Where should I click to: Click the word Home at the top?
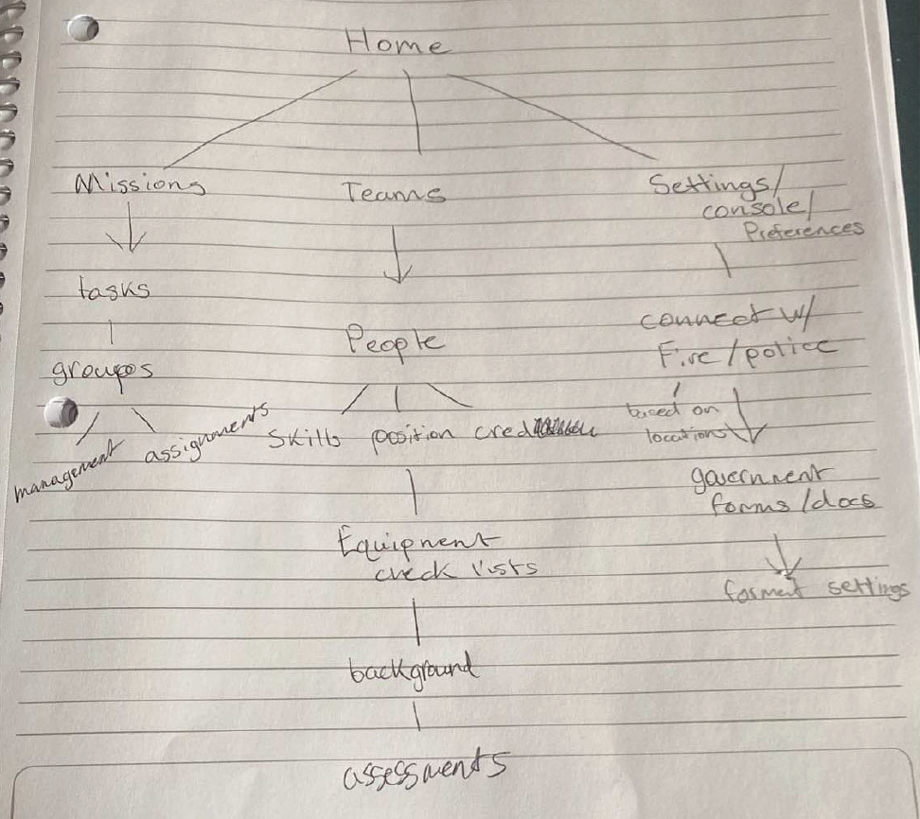click(x=395, y=42)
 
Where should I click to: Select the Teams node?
click(x=393, y=193)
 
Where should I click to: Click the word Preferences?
click(x=805, y=230)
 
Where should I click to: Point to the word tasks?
click(x=114, y=289)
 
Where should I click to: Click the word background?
click(x=412, y=671)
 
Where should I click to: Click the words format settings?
click(x=815, y=590)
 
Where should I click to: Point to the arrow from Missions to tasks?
click(x=127, y=235)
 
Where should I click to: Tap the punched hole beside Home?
click(x=84, y=29)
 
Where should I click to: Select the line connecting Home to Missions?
click(x=260, y=118)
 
